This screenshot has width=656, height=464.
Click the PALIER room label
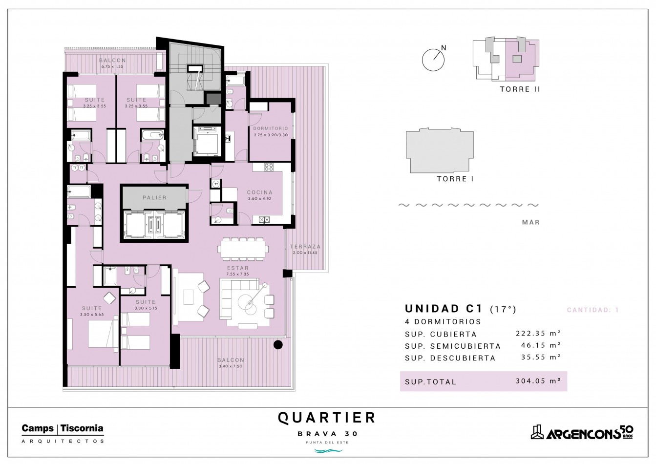[154, 198]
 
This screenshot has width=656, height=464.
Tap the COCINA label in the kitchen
[260, 192]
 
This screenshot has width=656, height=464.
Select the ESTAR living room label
[238, 268]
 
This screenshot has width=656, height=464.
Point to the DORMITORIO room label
[271, 128]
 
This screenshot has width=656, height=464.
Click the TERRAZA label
[305, 247]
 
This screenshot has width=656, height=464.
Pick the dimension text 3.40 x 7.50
[231, 366]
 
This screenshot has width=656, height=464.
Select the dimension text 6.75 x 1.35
[112, 66]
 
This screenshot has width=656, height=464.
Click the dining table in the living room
[243, 249]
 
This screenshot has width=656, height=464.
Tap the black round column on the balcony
[278, 345]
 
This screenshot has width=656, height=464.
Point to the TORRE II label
[520, 89]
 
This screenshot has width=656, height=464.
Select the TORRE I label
[455, 179]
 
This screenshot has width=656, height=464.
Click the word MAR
[530, 222]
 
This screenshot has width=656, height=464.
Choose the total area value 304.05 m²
[538, 381]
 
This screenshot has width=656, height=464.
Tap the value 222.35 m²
[538, 333]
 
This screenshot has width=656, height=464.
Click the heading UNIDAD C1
[444, 309]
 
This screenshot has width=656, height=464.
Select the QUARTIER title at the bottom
[327, 418]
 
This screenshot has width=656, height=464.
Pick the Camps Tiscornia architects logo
[63, 434]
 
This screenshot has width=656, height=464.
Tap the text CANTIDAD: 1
[593, 310]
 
